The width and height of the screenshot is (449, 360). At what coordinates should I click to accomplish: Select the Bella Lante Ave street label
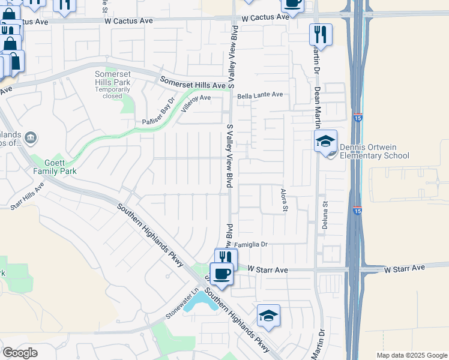pos(259,95)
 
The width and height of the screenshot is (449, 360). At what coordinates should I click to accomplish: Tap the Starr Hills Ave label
pos(27,196)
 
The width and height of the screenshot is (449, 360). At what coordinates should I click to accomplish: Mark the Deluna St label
pos(327,212)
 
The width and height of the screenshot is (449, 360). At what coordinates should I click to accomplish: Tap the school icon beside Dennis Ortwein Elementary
pos(325,142)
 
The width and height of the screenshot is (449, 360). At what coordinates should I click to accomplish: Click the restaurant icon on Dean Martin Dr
pos(321,34)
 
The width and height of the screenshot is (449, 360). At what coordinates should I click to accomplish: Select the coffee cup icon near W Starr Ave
pos(221,274)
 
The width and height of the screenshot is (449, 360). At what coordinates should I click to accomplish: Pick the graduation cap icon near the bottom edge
pos(268,315)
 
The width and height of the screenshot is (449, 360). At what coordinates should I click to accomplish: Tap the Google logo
pos(20,353)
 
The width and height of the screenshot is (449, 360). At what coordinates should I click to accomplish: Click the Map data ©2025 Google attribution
pos(411,355)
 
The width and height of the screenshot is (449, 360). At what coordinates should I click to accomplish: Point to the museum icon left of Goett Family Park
pos(31,139)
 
